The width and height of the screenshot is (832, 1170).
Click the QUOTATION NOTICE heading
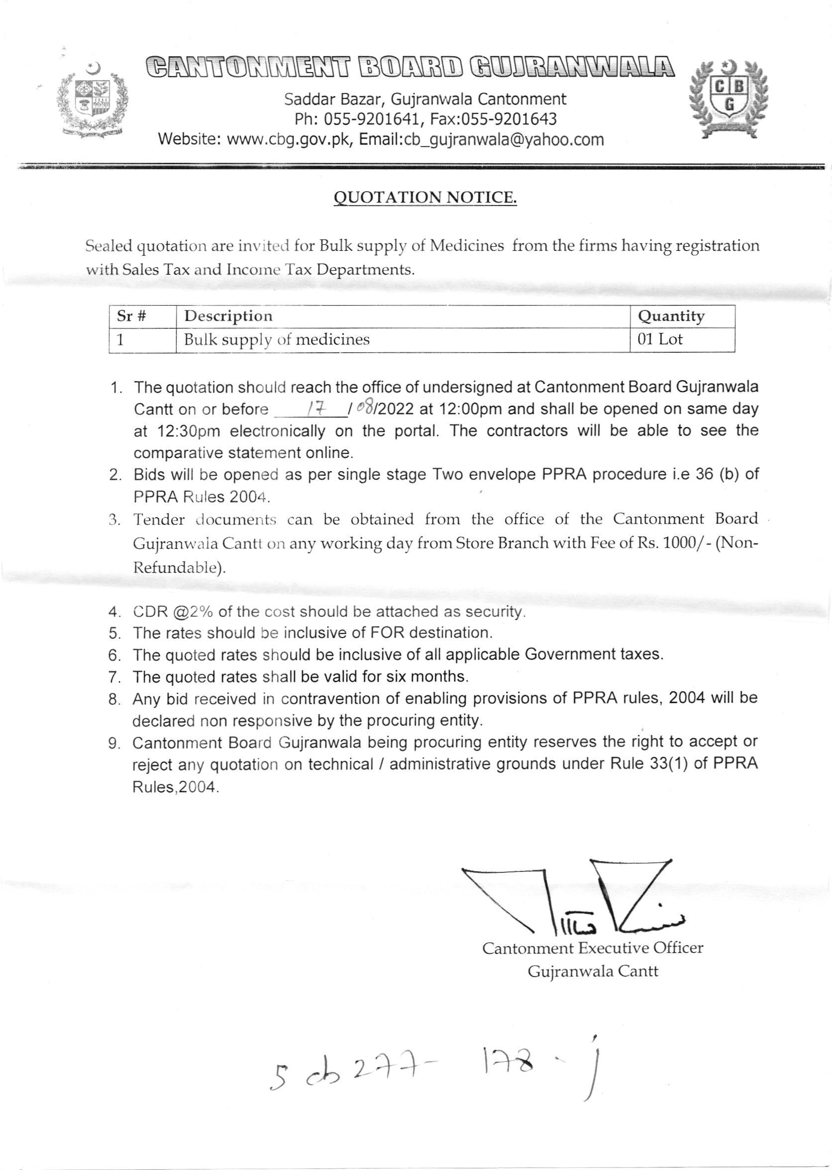(425, 197)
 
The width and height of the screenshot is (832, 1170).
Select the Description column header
(228, 316)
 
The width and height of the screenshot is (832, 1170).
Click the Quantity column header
(671, 317)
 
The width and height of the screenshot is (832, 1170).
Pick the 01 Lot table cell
(660, 339)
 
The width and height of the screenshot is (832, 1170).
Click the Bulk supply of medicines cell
(277, 339)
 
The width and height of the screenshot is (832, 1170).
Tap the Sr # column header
(132, 316)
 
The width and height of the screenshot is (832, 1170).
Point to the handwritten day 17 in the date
(313, 408)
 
